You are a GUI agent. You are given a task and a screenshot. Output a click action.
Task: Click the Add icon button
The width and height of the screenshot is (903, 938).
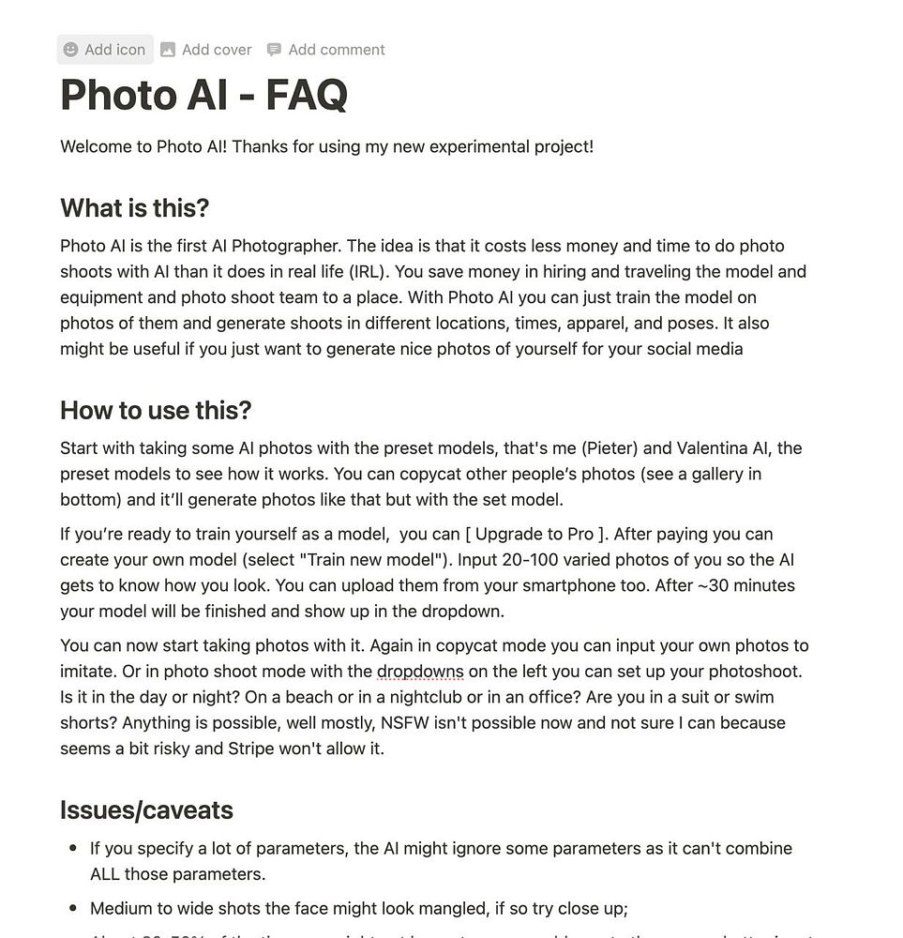[x=104, y=50]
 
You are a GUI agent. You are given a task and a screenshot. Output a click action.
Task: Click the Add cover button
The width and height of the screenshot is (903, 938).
[x=206, y=50]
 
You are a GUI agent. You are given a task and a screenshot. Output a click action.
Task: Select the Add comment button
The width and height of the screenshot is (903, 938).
[x=325, y=50]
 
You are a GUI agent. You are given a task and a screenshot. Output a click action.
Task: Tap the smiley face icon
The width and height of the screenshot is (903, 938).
[x=70, y=50]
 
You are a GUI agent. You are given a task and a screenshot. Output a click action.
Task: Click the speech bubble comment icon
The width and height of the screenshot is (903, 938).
[x=274, y=50]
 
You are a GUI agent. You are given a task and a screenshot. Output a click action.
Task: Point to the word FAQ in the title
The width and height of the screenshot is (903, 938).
[x=307, y=95]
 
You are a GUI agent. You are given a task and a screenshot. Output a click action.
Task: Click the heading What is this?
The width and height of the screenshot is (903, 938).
[x=134, y=207]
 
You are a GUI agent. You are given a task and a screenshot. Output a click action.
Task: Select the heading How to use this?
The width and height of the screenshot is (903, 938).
[x=156, y=410]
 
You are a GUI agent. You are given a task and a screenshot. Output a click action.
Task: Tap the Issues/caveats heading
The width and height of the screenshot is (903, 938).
[x=146, y=809]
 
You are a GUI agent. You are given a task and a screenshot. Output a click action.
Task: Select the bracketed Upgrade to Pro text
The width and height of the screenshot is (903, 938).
[x=534, y=534]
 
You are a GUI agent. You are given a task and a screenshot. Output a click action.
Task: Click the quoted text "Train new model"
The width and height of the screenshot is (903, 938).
[x=370, y=560]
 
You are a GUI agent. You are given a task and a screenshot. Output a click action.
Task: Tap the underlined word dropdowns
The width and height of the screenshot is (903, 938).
[x=420, y=672]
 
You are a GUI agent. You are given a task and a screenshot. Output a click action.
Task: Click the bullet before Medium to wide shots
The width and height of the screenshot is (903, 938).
[x=73, y=909]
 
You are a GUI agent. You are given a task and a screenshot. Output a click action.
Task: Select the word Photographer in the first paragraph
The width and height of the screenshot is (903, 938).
[x=285, y=246]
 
